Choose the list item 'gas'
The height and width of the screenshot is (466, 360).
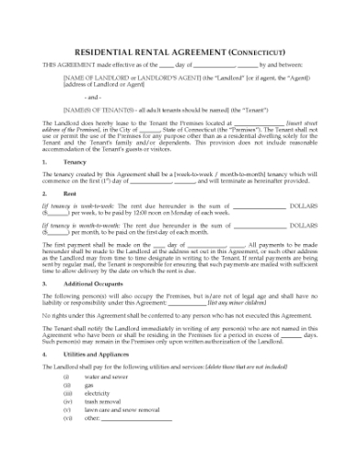tap(89, 385)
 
